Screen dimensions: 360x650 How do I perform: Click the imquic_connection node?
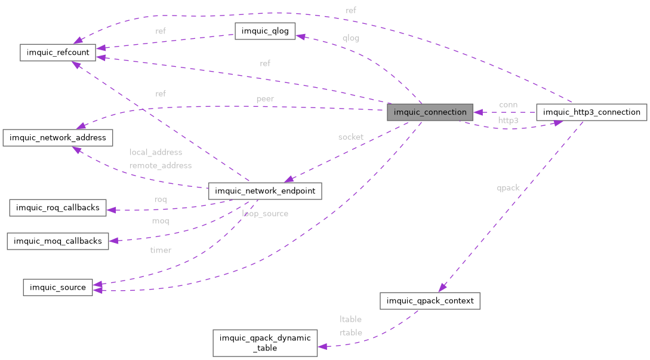[x=430, y=112]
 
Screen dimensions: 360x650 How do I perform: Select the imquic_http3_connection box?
[x=592, y=112]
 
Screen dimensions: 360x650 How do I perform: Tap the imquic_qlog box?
[x=265, y=32]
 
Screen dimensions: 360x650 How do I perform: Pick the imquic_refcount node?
[x=57, y=53]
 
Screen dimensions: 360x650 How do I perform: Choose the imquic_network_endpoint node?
[x=265, y=191]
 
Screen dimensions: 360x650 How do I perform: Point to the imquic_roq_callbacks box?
[x=58, y=208]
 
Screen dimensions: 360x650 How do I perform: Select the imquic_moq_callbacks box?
[x=57, y=241]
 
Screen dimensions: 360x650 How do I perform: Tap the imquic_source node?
[x=57, y=287]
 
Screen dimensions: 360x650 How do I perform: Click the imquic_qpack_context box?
[x=430, y=300]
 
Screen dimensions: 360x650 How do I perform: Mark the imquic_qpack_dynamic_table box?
[x=265, y=343]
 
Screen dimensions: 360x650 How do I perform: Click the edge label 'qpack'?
[x=508, y=187]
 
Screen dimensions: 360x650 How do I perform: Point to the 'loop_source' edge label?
[x=265, y=213]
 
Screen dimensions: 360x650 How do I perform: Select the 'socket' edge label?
[x=350, y=137]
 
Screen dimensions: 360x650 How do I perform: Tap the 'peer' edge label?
[x=265, y=99]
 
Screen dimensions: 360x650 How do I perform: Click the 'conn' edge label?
[x=508, y=104]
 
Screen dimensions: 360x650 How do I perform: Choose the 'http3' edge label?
[x=508, y=120]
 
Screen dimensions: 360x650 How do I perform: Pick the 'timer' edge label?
[x=161, y=250]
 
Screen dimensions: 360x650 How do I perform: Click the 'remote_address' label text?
[x=161, y=165]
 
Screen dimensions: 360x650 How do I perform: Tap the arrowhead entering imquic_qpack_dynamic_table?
[x=322, y=346]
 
